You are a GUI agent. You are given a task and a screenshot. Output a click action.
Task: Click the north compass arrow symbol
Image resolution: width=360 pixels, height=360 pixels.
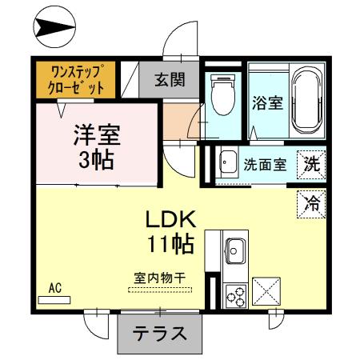click(x=47, y=29)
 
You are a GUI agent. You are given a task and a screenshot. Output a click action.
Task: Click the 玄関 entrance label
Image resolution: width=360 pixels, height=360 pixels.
click(x=170, y=79)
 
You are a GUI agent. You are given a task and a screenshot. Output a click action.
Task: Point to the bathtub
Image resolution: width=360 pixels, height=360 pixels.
click(x=306, y=102)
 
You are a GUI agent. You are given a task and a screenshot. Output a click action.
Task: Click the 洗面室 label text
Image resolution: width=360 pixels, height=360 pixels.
click(x=265, y=164)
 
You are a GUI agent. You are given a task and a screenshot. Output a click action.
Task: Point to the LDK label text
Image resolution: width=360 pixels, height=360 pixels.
click(x=170, y=218)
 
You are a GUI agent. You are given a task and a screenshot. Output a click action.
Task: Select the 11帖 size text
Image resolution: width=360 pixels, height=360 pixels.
click(x=170, y=243)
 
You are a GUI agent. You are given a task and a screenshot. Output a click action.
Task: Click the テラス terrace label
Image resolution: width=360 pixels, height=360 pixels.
click(x=159, y=334)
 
